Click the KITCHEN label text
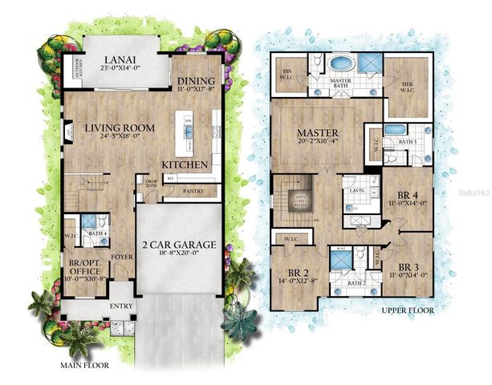coord(186,164)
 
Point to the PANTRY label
coord(193,191)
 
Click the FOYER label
coord(120,257)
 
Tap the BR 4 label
coord(410,195)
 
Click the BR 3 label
coord(410,267)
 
